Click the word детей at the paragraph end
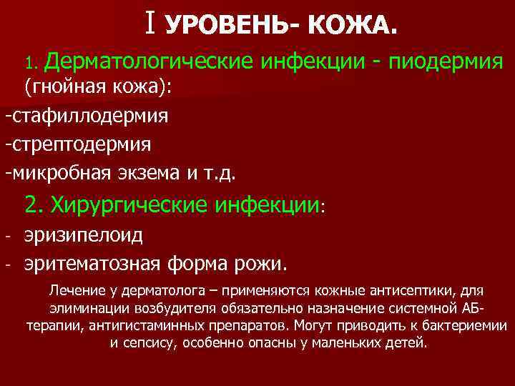click(x=406, y=342)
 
